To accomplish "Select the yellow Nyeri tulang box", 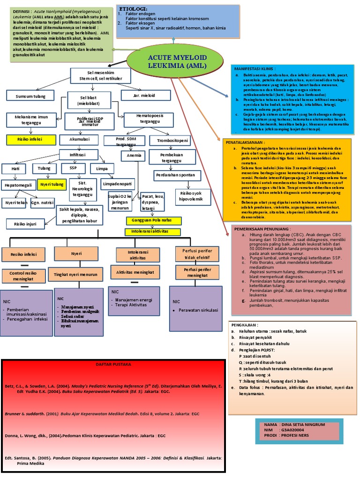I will pos(51,184).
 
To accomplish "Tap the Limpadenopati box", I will pos(117,185).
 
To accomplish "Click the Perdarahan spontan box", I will pos(174,175).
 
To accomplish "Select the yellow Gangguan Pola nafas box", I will pos(152,220).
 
